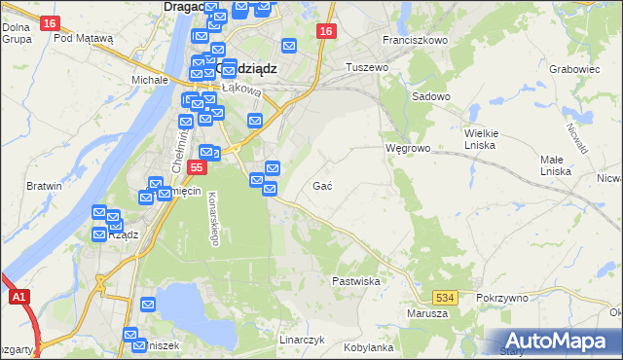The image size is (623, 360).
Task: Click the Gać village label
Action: [324, 185]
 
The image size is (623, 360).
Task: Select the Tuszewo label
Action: [368, 67]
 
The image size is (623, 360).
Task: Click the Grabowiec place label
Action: [573, 69]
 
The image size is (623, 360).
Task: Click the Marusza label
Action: [428, 313]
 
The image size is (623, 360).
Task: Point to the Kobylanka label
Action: [368, 347]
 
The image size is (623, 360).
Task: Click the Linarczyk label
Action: [302, 341]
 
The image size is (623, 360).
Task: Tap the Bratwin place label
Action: [45, 185]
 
